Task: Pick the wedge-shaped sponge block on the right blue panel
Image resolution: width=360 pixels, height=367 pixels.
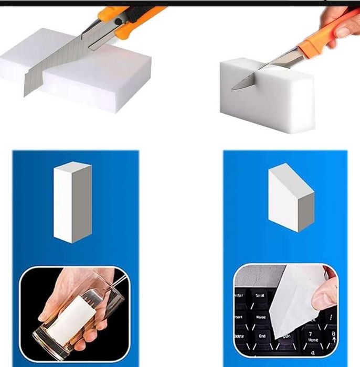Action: coord(290,198)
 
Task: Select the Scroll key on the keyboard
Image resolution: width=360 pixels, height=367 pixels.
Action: coord(260,296)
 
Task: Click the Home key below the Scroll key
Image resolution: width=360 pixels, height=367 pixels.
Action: coord(261,317)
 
